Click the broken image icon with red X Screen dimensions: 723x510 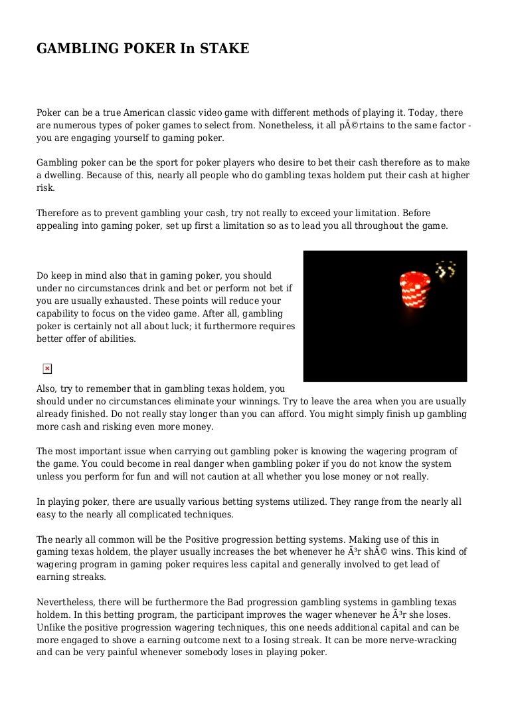[x=47, y=368]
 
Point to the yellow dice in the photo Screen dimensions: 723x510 [x=444, y=269]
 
